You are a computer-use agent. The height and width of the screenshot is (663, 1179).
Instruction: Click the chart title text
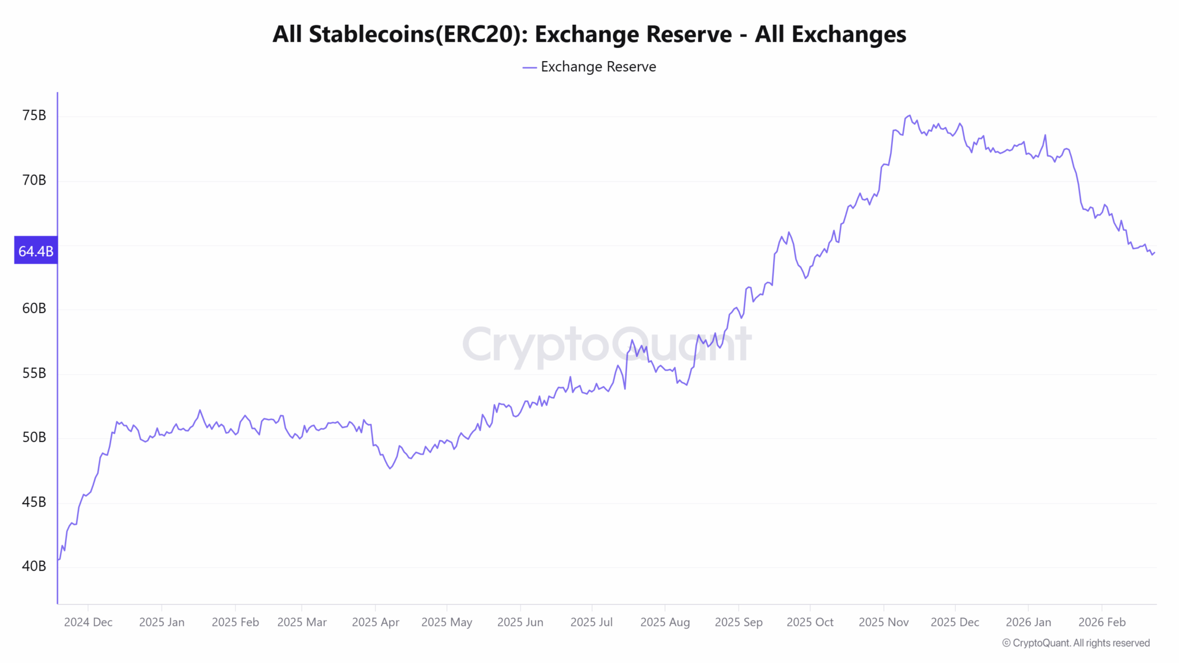[589, 35]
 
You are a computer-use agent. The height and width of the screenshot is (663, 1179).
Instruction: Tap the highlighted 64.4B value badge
[36, 251]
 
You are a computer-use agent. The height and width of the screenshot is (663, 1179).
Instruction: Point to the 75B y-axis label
[34, 116]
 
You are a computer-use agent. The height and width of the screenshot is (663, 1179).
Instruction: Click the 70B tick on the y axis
[34, 180]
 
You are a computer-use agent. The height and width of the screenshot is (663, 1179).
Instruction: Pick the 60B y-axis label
[34, 308]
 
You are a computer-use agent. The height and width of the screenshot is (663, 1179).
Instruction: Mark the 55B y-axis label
[34, 373]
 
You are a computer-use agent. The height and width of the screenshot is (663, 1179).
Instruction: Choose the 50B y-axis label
[34, 437]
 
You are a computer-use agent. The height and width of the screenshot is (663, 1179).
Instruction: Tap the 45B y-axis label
[34, 502]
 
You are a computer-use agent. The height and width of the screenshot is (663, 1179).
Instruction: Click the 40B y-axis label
[34, 566]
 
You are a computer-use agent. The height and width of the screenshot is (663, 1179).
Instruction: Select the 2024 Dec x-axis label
[88, 622]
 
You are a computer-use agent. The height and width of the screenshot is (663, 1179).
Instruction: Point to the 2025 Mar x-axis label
[302, 622]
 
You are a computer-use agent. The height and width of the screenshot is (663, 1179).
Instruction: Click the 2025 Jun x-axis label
[520, 622]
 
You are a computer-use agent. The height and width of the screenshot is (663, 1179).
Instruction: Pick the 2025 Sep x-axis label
[738, 622]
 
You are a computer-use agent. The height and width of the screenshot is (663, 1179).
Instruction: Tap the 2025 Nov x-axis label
[883, 622]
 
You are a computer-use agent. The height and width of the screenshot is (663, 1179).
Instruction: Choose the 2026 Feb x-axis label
[1101, 622]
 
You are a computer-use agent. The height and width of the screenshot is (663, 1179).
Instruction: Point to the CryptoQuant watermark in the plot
[606, 345]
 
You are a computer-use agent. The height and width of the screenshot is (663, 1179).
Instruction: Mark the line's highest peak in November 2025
[910, 116]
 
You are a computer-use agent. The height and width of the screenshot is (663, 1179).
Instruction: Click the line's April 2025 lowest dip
[390, 468]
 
